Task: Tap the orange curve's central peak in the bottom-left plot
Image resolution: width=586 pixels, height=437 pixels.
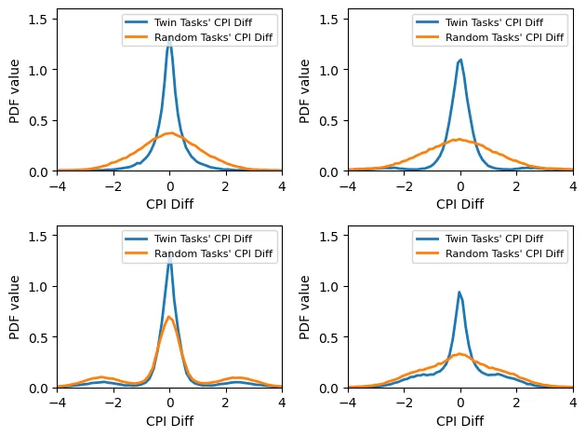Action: (x=169, y=317)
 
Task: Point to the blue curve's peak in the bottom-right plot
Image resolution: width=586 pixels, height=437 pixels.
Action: (x=459, y=292)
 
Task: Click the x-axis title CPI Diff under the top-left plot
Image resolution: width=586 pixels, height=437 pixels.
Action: (x=169, y=203)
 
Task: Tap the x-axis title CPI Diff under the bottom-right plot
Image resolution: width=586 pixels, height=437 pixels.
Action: (x=460, y=420)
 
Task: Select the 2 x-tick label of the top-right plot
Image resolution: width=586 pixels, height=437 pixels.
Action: (x=516, y=184)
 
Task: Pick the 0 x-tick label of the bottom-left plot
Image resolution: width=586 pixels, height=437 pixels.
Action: (x=169, y=402)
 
